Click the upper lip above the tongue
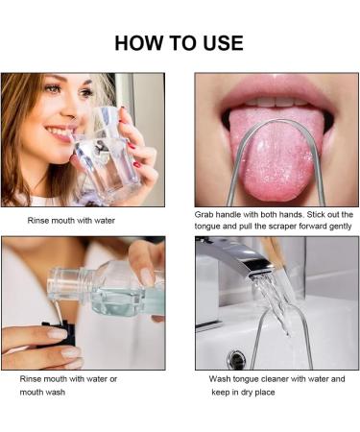click(x=274, y=88)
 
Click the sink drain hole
click(x=236, y=360)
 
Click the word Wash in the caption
click(x=221, y=379)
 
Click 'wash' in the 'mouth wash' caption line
click(x=61, y=392)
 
